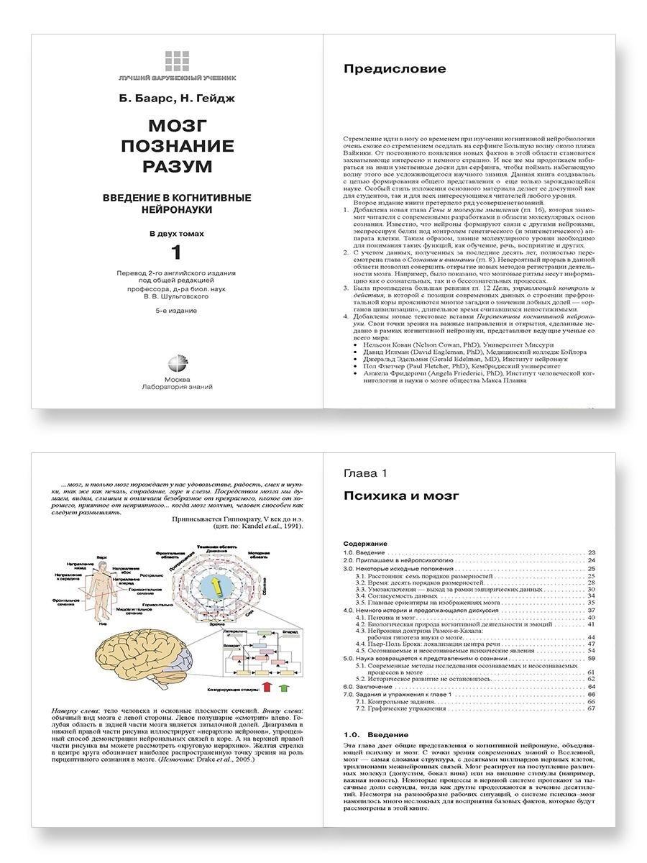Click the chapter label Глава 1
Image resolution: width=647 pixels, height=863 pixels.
click(366, 472)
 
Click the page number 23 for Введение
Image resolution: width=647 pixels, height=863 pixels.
click(591, 552)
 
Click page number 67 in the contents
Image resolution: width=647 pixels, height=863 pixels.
click(591, 708)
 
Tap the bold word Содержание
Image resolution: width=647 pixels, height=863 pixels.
click(365, 544)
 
